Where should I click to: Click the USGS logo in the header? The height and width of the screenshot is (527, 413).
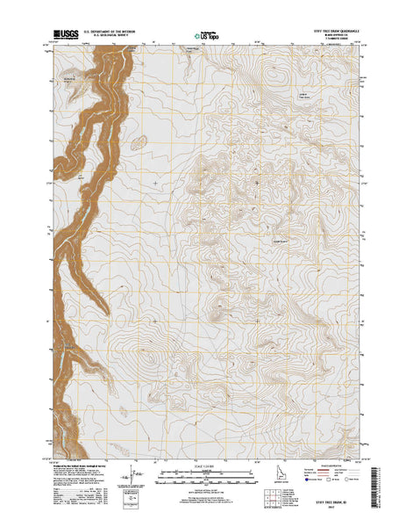pos(63,38)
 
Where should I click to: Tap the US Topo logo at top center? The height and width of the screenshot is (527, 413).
pos(206,38)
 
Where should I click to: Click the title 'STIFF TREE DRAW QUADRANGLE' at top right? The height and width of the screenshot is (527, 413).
pos(329,31)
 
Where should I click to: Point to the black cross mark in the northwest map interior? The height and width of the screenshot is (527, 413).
pos(155,182)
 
